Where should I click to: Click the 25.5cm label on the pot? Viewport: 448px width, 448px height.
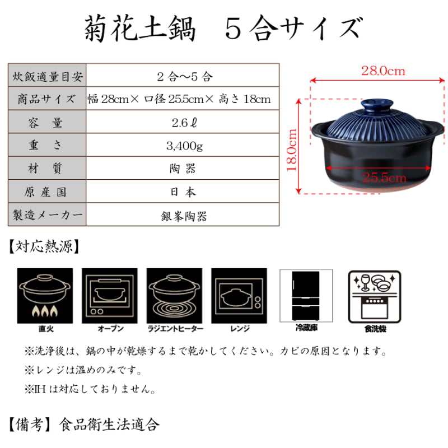coord(384,178)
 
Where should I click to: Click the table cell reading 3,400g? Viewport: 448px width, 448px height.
coord(184,146)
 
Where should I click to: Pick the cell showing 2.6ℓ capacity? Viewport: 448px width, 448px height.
coord(184,123)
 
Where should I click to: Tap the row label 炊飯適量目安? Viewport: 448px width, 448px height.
coord(48,76)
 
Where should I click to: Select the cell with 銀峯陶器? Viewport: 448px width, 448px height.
coord(184,216)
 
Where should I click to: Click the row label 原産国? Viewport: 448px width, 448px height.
coord(48,192)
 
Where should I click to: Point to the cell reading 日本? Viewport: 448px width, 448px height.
coord(184,192)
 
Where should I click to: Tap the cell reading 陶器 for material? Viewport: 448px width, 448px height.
coord(184,169)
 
